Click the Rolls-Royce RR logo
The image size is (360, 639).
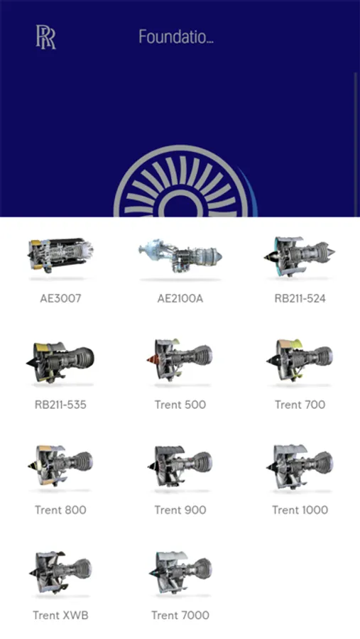point(45,37)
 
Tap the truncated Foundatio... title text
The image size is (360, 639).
point(175,37)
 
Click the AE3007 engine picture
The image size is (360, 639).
point(60,255)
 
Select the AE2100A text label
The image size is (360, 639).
point(180,298)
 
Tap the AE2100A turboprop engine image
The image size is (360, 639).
point(180,256)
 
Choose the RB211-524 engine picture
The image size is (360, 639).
point(300,256)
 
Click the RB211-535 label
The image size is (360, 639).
point(60,405)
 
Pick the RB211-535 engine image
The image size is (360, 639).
point(60,362)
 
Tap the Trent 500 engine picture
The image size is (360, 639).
point(180,360)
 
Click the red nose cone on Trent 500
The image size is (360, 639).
point(153,360)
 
